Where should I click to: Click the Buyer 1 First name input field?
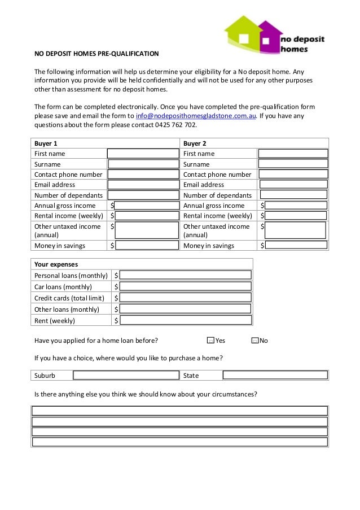(142, 154)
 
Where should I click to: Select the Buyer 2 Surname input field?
(293, 164)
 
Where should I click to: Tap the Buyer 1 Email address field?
(142, 185)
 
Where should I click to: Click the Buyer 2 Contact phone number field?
(293, 175)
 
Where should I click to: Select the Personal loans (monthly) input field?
(186, 276)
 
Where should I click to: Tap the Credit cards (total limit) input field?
(186, 298)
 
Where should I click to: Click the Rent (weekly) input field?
(186, 320)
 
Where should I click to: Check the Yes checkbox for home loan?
(210, 341)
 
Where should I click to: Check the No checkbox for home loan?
(254, 341)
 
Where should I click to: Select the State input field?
(275, 375)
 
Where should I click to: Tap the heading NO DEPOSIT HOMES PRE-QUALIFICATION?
(96, 55)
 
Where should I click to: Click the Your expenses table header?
(56, 264)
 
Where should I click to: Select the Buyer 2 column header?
(195, 143)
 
